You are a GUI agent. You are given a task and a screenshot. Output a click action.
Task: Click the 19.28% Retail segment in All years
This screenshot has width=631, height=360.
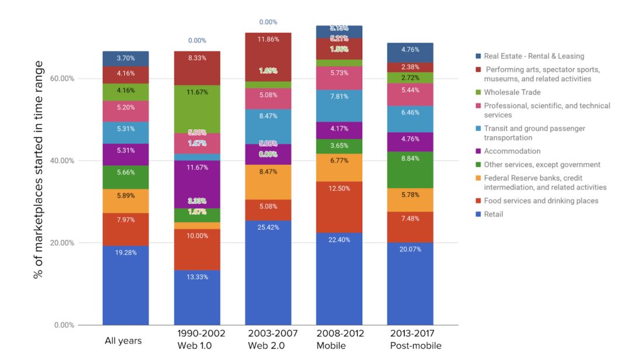(x=126, y=285)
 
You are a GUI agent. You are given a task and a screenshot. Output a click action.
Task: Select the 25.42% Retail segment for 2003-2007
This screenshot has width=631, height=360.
(x=268, y=272)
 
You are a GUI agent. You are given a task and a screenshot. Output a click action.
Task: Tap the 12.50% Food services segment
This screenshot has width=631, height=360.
(x=339, y=207)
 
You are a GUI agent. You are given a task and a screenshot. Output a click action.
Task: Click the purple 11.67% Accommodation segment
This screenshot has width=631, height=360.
(x=197, y=184)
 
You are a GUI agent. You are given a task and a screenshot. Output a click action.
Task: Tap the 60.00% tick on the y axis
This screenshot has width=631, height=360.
(x=64, y=79)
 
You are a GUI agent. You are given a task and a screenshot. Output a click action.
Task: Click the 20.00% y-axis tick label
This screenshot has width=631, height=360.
(x=64, y=243)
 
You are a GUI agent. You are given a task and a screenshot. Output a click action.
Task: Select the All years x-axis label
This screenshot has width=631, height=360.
(x=123, y=340)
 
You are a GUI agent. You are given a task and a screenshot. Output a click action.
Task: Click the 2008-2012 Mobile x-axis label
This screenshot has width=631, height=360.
(x=340, y=340)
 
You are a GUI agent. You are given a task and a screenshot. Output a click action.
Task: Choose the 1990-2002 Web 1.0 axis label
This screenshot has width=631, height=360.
(x=201, y=340)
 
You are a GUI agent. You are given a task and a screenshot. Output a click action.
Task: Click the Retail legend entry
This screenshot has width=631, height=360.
(x=493, y=214)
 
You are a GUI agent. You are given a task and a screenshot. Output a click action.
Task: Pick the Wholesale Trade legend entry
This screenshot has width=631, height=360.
(x=512, y=92)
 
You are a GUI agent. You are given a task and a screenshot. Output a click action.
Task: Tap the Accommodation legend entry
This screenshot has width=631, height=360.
(x=512, y=151)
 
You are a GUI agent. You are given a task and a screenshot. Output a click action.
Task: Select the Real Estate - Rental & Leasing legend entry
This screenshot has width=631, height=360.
(x=533, y=56)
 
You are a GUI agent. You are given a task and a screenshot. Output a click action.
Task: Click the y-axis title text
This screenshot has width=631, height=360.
(x=39, y=169)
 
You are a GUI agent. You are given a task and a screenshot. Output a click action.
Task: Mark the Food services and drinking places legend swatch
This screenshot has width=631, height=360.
(x=478, y=201)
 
